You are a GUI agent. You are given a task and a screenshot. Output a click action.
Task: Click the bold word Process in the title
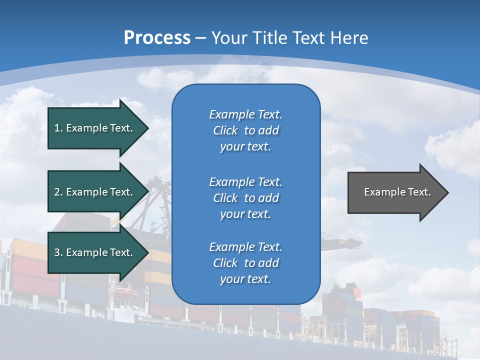coord(157,38)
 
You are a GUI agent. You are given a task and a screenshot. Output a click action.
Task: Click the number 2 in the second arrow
coord(57,192)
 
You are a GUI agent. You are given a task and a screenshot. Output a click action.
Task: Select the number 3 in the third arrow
coord(57,252)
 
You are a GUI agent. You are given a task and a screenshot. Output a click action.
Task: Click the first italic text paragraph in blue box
coord(245,130)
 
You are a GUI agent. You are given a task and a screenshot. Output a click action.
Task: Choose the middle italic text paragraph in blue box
coord(245,198)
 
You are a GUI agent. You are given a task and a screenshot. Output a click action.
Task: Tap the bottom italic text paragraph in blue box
coord(245,263)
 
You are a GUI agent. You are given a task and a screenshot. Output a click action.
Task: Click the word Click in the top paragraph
coord(225,130)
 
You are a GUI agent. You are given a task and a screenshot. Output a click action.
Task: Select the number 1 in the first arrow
coord(57,128)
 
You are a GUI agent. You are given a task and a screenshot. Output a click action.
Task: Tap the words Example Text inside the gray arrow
coord(397,192)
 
